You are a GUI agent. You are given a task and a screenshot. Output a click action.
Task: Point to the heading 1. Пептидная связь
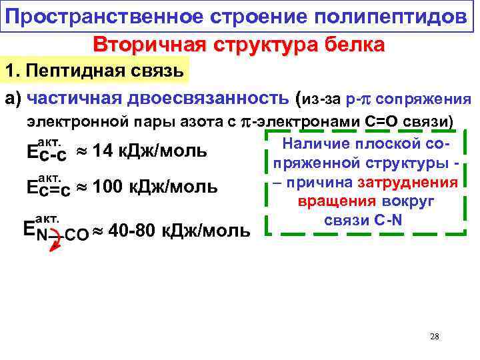click(x=96, y=70)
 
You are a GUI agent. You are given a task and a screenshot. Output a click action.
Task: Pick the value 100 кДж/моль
click(x=155, y=187)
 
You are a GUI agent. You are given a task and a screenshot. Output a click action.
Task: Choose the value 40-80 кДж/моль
click(x=179, y=231)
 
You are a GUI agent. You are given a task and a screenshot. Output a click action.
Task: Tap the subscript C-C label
click(x=52, y=156)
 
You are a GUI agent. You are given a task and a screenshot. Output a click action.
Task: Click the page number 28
click(x=435, y=337)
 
